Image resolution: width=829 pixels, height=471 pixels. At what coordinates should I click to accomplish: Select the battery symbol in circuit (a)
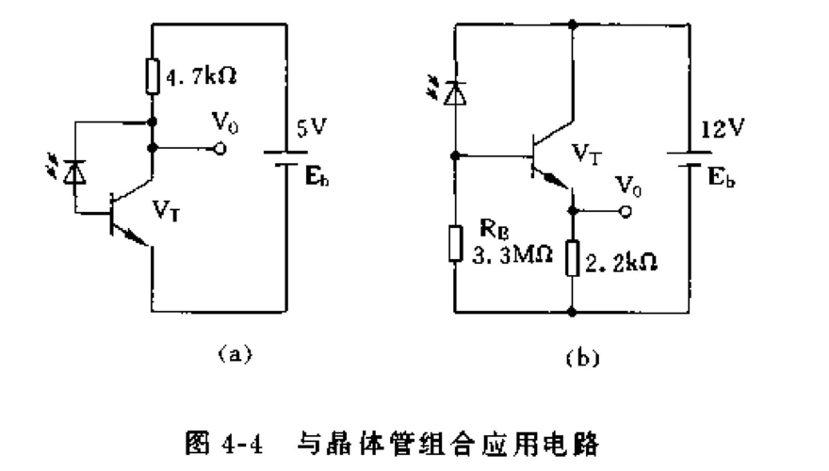(x=284, y=155)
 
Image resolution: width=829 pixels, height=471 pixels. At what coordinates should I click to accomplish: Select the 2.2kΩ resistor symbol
(x=573, y=259)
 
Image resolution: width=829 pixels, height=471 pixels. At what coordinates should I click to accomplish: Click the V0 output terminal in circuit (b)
(x=624, y=213)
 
